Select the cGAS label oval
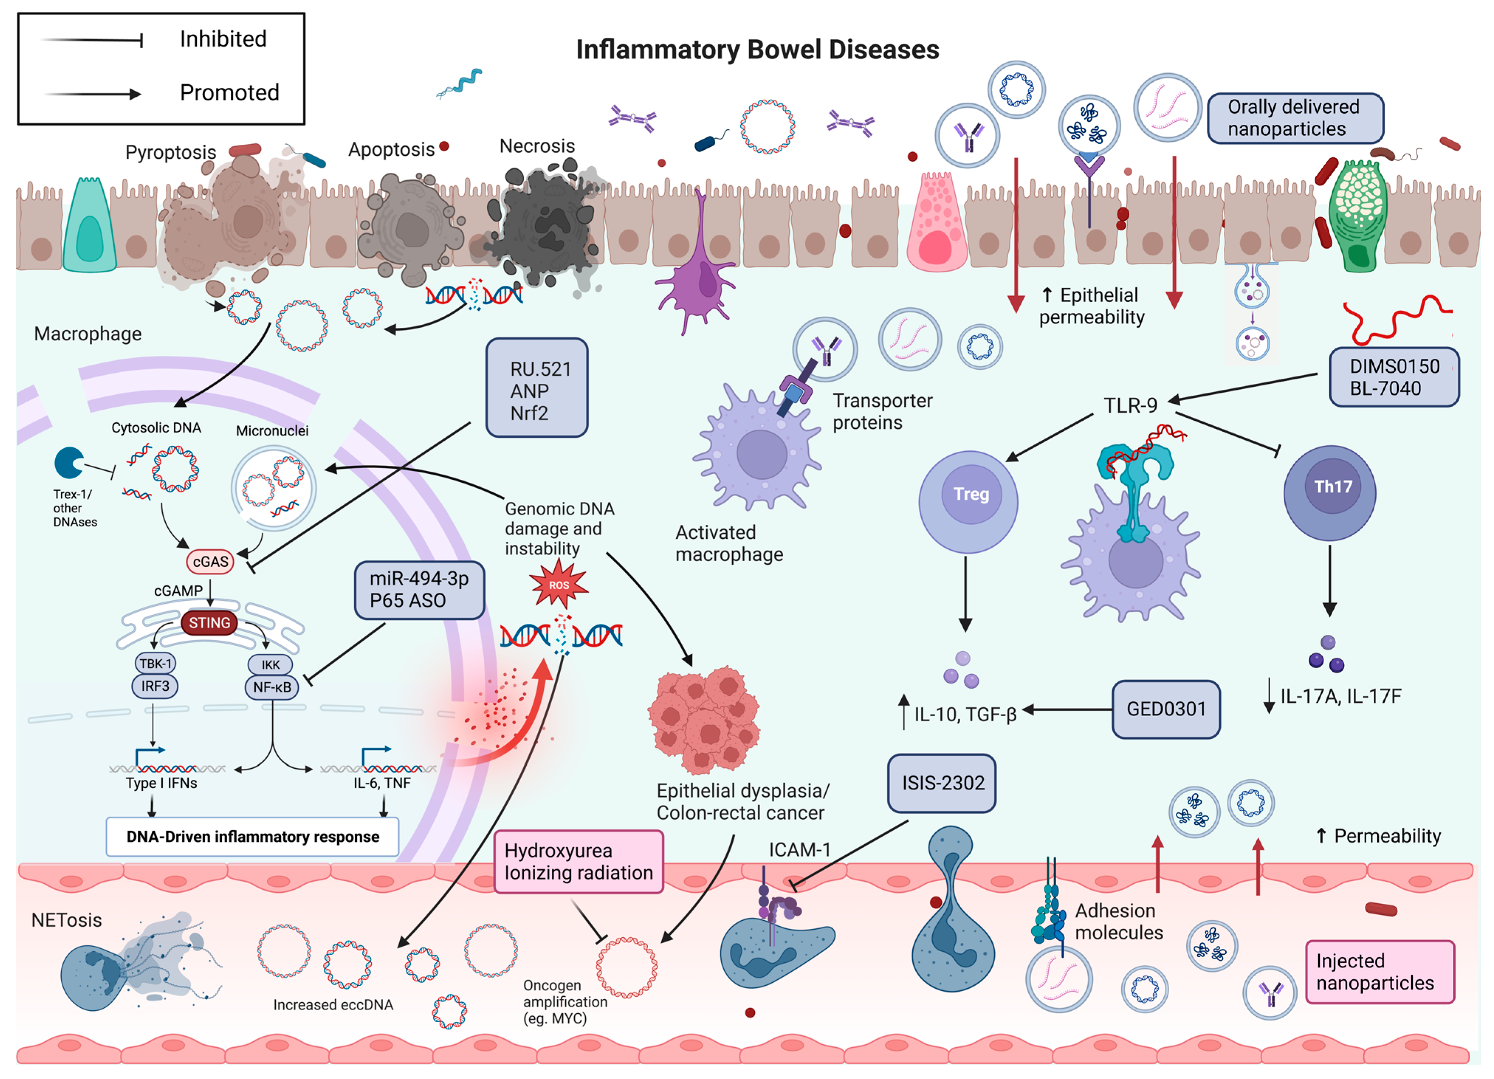(x=210, y=561)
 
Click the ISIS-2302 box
(x=942, y=783)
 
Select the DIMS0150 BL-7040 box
(x=1393, y=377)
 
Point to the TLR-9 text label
(x=1130, y=405)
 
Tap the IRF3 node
(x=155, y=686)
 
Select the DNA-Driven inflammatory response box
(x=252, y=837)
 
